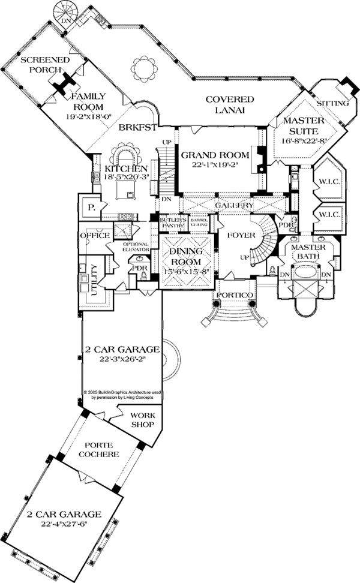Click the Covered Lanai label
pyautogui.click(x=230, y=104)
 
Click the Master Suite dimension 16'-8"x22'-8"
pyautogui.click(x=303, y=141)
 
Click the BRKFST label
pyautogui.click(x=137, y=128)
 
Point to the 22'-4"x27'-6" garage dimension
pyautogui.click(x=64, y=525)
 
